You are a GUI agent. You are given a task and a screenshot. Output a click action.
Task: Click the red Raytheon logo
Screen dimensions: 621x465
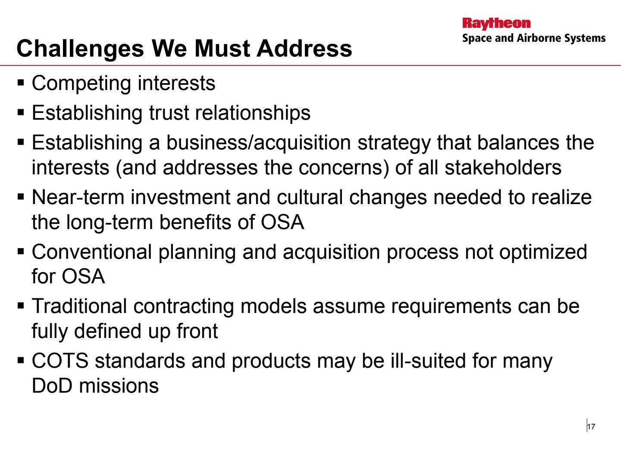[496, 23]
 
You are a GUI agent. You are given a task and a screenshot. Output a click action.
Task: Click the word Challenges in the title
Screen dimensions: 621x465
[80, 49]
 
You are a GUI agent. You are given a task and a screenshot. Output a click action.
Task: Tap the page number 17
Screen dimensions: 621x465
[591, 427]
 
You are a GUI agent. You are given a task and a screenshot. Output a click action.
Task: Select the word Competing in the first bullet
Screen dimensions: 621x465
[82, 84]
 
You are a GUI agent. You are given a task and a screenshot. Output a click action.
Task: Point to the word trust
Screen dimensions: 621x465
[169, 113]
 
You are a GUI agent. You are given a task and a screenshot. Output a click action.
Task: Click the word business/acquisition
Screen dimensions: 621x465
[259, 143]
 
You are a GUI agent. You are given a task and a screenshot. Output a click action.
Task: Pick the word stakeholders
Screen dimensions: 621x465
[503, 167]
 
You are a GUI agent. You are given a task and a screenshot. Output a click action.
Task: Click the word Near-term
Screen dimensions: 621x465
[78, 197]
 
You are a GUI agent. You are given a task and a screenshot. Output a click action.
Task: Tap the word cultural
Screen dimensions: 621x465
[310, 197]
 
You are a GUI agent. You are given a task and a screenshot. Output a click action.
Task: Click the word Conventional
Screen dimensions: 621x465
[92, 251]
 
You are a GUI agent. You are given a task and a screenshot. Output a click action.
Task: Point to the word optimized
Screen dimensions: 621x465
[543, 252]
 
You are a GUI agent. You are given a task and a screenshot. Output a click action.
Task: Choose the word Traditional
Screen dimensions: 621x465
[79, 306]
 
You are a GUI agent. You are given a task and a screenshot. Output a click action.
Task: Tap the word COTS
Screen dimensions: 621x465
[60, 361]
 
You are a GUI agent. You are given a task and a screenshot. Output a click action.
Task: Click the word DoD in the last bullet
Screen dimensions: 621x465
[52, 386]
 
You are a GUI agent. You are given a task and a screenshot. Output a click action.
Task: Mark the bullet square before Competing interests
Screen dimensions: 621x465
[21, 83]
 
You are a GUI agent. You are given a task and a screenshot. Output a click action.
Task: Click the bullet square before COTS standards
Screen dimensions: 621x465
[21, 360]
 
